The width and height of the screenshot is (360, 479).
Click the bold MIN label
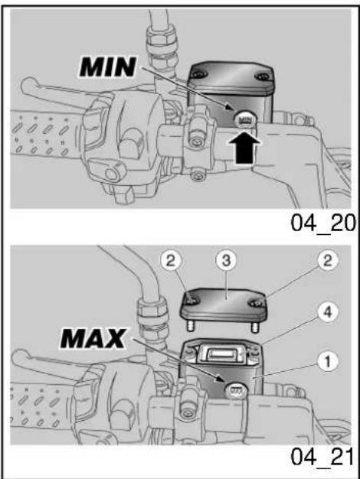(x=108, y=67)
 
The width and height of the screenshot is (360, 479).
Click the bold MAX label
(x=93, y=338)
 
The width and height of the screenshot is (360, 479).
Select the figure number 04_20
(x=323, y=223)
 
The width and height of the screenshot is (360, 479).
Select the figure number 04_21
(x=322, y=458)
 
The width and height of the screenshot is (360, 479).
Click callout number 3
(x=226, y=261)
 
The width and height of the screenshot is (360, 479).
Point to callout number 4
(x=327, y=313)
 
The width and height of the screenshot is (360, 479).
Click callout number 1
(x=327, y=362)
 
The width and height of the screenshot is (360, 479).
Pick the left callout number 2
(x=171, y=261)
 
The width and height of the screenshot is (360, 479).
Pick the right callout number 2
(x=327, y=261)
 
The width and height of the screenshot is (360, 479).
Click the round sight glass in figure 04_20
(x=246, y=119)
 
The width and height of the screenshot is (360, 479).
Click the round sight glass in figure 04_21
(x=237, y=391)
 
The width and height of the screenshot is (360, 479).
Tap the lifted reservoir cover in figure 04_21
(x=224, y=306)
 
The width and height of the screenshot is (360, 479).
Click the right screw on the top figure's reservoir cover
(x=263, y=76)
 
